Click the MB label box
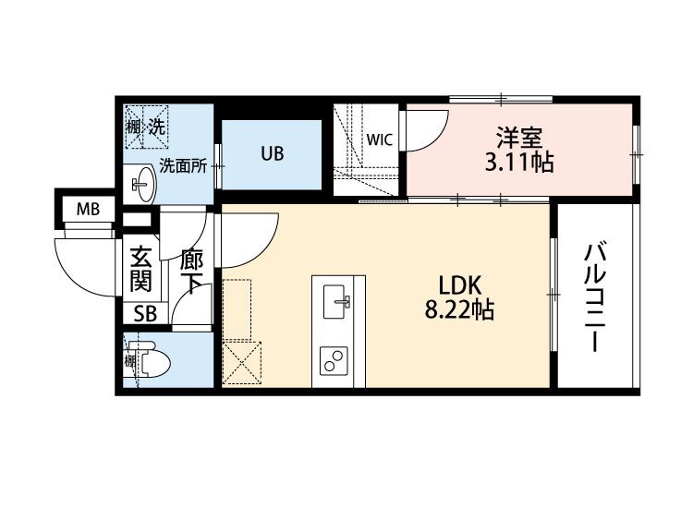(x=87, y=209)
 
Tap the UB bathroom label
(x=271, y=154)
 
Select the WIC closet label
(x=379, y=140)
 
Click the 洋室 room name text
(x=517, y=139)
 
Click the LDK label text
(x=458, y=285)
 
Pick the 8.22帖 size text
(x=458, y=310)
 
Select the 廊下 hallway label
(x=191, y=270)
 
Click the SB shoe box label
(x=145, y=313)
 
